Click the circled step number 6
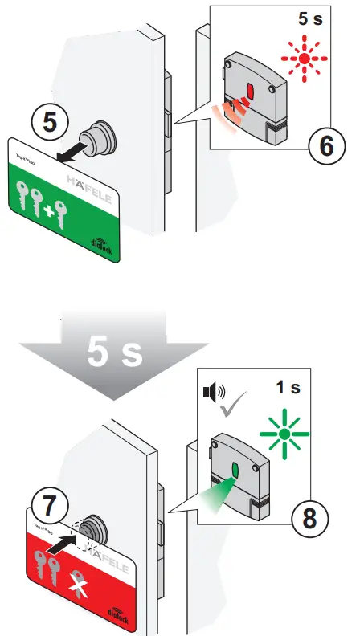coord(325,146)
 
